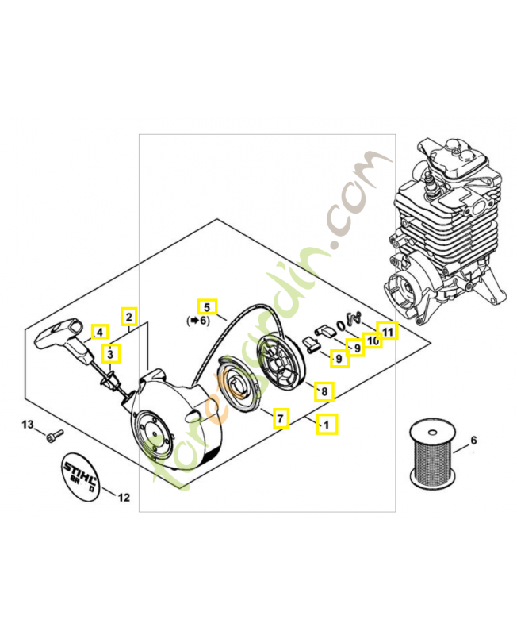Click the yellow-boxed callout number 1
pyautogui.click(x=326, y=425)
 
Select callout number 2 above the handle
pyautogui.click(x=128, y=317)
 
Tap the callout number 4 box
pyautogui.click(x=100, y=333)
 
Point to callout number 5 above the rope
pyautogui.click(x=206, y=306)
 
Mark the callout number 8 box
pyautogui.click(x=322, y=391)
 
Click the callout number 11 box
pyautogui.click(x=387, y=331)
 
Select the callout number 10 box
pyautogui.click(x=371, y=340)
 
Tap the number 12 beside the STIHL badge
pyautogui.click(x=123, y=498)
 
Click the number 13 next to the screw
pyautogui.click(x=28, y=426)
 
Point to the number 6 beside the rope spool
pyautogui.click(x=473, y=440)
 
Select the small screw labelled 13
pyautogui.click(x=55, y=434)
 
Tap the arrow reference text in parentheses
pyautogui.click(x=197, y=321)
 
